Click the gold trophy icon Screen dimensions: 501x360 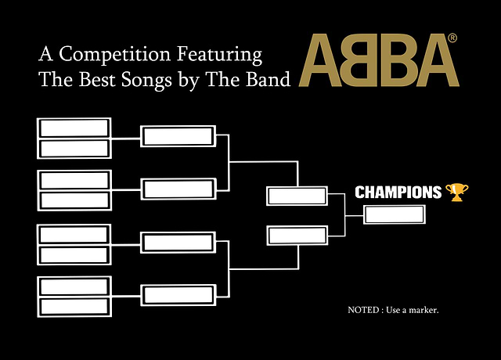pos(457,192)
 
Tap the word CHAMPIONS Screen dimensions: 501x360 pos(398,193)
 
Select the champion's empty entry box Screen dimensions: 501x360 pos(395,214)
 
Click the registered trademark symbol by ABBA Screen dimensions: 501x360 pos(452,38)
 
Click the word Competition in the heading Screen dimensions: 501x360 pos(114,54)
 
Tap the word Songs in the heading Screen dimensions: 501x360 pos(146,81)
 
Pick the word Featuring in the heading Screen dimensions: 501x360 pos(219,54)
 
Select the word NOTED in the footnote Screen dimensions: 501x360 pos(363,310)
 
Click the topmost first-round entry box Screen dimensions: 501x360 pos(74,128)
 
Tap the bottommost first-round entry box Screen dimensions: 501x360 pos(74,306)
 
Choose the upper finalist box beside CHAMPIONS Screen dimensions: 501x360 pos(297,196)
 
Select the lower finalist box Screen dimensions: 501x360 pos(297,236)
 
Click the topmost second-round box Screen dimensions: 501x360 pos(178,136)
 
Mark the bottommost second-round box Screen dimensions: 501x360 pos(178,295)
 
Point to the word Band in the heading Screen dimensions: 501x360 pos(268,79)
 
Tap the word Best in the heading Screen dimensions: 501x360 pos(97,79)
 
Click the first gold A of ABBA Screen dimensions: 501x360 pos(320,60)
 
